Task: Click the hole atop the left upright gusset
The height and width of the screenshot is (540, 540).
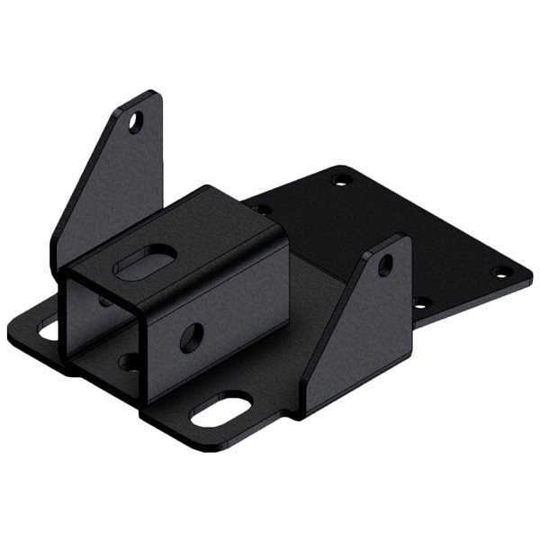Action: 135,121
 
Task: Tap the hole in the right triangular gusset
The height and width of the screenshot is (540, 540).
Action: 384,265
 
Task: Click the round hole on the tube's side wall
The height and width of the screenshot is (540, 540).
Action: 191,337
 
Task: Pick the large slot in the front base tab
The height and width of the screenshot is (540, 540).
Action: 221,409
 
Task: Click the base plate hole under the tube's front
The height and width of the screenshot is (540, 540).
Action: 130,362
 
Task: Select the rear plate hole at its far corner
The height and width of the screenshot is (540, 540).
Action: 339,181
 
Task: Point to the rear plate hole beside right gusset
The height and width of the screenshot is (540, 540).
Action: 419,303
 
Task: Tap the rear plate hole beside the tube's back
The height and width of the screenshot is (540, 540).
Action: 261,210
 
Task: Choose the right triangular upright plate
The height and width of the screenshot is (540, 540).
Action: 360,324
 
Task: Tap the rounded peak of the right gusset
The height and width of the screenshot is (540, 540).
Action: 396,240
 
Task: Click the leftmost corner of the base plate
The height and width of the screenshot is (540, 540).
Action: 9,335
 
